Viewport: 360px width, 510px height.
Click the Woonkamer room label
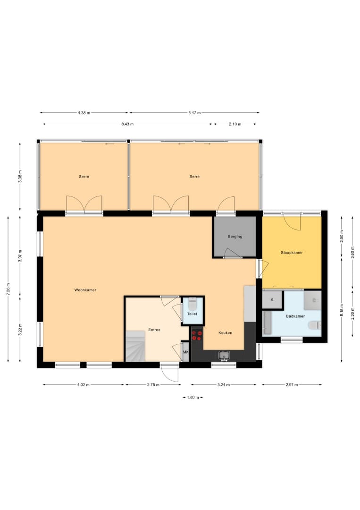(85, 290)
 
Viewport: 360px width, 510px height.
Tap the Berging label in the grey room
(235, 237)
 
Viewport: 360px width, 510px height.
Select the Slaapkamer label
(292, 252)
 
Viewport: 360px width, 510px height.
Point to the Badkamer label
(295, 316)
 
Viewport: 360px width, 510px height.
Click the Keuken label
(225, 333)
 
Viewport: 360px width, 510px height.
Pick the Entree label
(154, 330)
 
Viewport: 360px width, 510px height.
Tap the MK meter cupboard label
(185, 352)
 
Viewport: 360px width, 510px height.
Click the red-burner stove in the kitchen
(197, 335)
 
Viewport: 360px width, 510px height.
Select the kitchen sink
(224, 356)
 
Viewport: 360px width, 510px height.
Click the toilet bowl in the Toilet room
(193, 304)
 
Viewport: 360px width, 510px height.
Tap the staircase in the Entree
(135, 346)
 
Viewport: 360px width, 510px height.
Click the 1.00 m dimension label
(193, 398)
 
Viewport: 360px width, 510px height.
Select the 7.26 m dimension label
(8, 289)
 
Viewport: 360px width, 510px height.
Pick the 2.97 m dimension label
(292, 385)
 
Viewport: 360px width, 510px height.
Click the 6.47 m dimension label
(194, 113)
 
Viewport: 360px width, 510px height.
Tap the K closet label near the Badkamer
(272, 299)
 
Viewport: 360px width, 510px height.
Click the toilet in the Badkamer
(314, 325)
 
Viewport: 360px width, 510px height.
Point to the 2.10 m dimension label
(235, 124)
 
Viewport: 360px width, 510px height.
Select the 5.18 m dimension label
(342, 310)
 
